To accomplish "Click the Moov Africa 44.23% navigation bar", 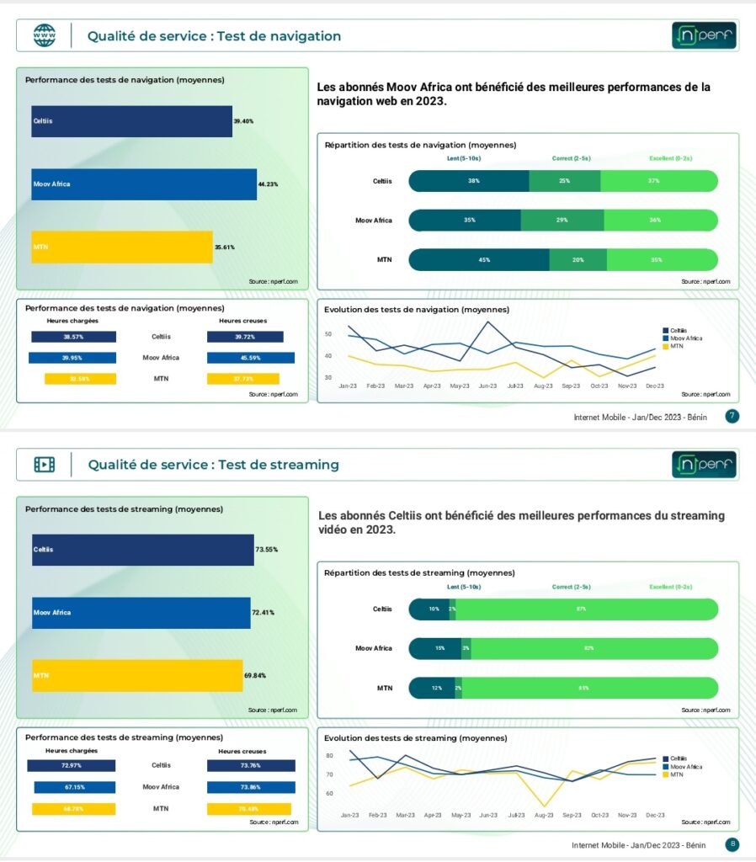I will coord(144,184).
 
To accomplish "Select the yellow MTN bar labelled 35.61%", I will coord(122,247).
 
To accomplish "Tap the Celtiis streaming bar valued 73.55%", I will coord(143,550).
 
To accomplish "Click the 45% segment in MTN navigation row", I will coord(479,260).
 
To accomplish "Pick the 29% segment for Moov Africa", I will coord(562,221).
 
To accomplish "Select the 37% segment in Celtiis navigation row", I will coord(658,181).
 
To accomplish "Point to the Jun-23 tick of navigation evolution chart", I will coord(487,386).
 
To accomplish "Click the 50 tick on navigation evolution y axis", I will coord(329,334).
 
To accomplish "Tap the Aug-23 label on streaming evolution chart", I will coord(543,816).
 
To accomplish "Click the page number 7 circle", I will coord(732,416).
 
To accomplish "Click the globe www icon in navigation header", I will coord(44,35).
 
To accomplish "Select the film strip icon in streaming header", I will coord(44,465).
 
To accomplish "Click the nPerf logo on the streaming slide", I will coord(704,465).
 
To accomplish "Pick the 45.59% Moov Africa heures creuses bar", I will coord(251,358).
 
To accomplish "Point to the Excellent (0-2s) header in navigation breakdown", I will coord(670,158).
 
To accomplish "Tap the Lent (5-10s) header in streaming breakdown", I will coord(463,587).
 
